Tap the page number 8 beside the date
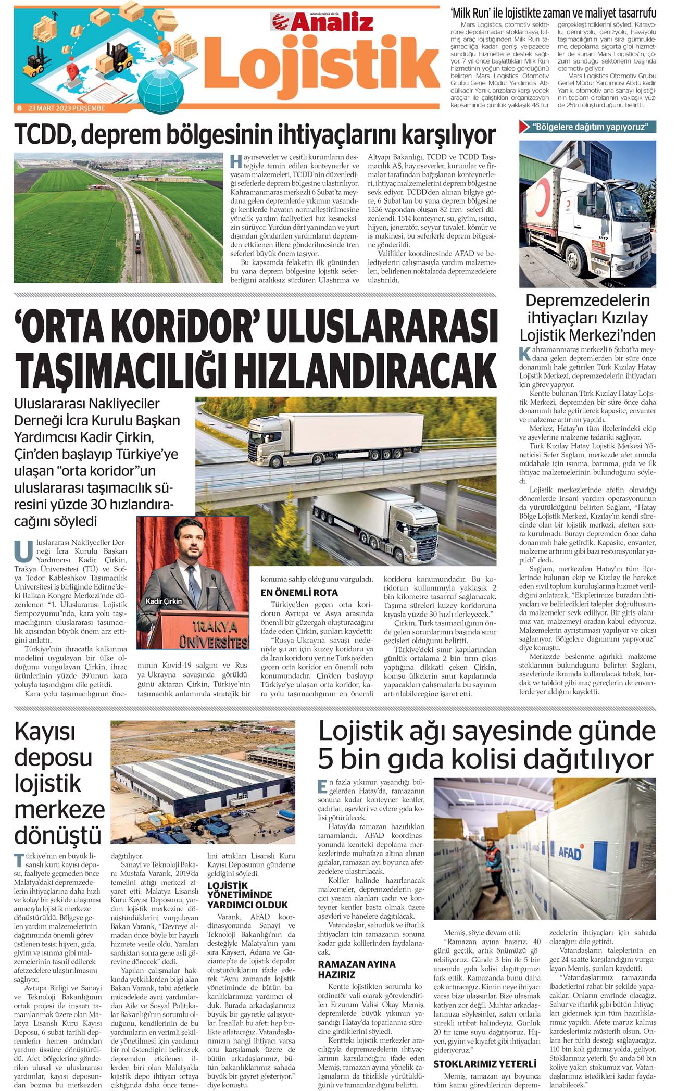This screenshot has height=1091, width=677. [x=19, y=108]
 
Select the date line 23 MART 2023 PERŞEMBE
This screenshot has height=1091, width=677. [x=66, y=108]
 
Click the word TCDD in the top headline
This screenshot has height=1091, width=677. [x=44, y=134]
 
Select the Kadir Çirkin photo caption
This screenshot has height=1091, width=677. [x=164, y=601]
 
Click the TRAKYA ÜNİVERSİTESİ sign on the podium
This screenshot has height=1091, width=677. [x=213, y=633]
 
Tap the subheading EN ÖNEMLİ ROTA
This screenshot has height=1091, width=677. [x=299, y=592]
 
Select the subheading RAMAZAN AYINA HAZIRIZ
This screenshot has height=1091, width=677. [x=357, y=969]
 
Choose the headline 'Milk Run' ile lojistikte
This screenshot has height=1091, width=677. [x=553, y=13]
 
